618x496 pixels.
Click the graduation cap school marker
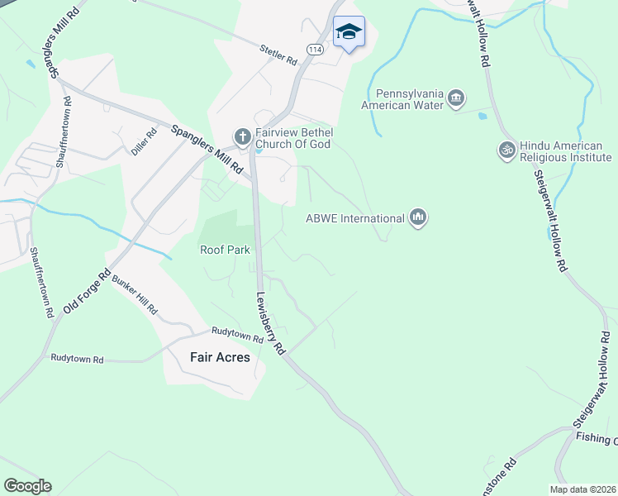[349, 32]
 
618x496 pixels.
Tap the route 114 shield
[314, 50]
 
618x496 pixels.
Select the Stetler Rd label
[278, 55]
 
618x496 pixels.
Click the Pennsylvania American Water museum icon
[456, 101]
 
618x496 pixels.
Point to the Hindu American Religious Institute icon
[506, 150]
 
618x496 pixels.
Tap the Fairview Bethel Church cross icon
[243, 136]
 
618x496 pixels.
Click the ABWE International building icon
[418, 218]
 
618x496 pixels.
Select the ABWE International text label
[354, 219]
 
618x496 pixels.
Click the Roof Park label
[226, 249]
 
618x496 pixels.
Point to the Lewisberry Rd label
[270, 323]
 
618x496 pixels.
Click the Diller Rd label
[144, 142]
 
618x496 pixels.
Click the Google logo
[27, 486]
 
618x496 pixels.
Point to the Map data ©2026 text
[582, 489]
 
